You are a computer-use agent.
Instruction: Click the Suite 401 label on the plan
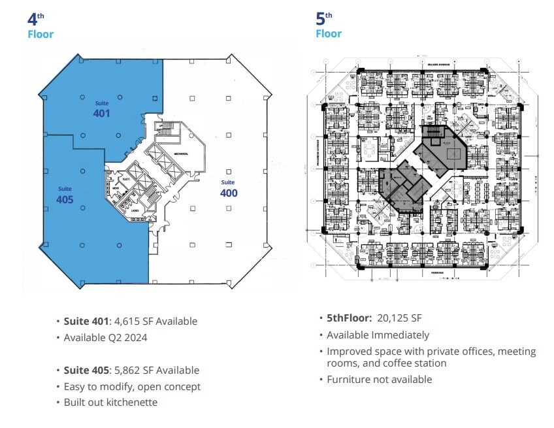(101, 109)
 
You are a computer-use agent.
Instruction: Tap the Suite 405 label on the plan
(65, 195)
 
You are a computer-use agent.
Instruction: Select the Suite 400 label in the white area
(228, 189)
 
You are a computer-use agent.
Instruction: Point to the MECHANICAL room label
(182, 154)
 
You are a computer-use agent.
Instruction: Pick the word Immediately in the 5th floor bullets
(399, 335)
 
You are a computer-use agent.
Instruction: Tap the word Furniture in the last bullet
(348, 380)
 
